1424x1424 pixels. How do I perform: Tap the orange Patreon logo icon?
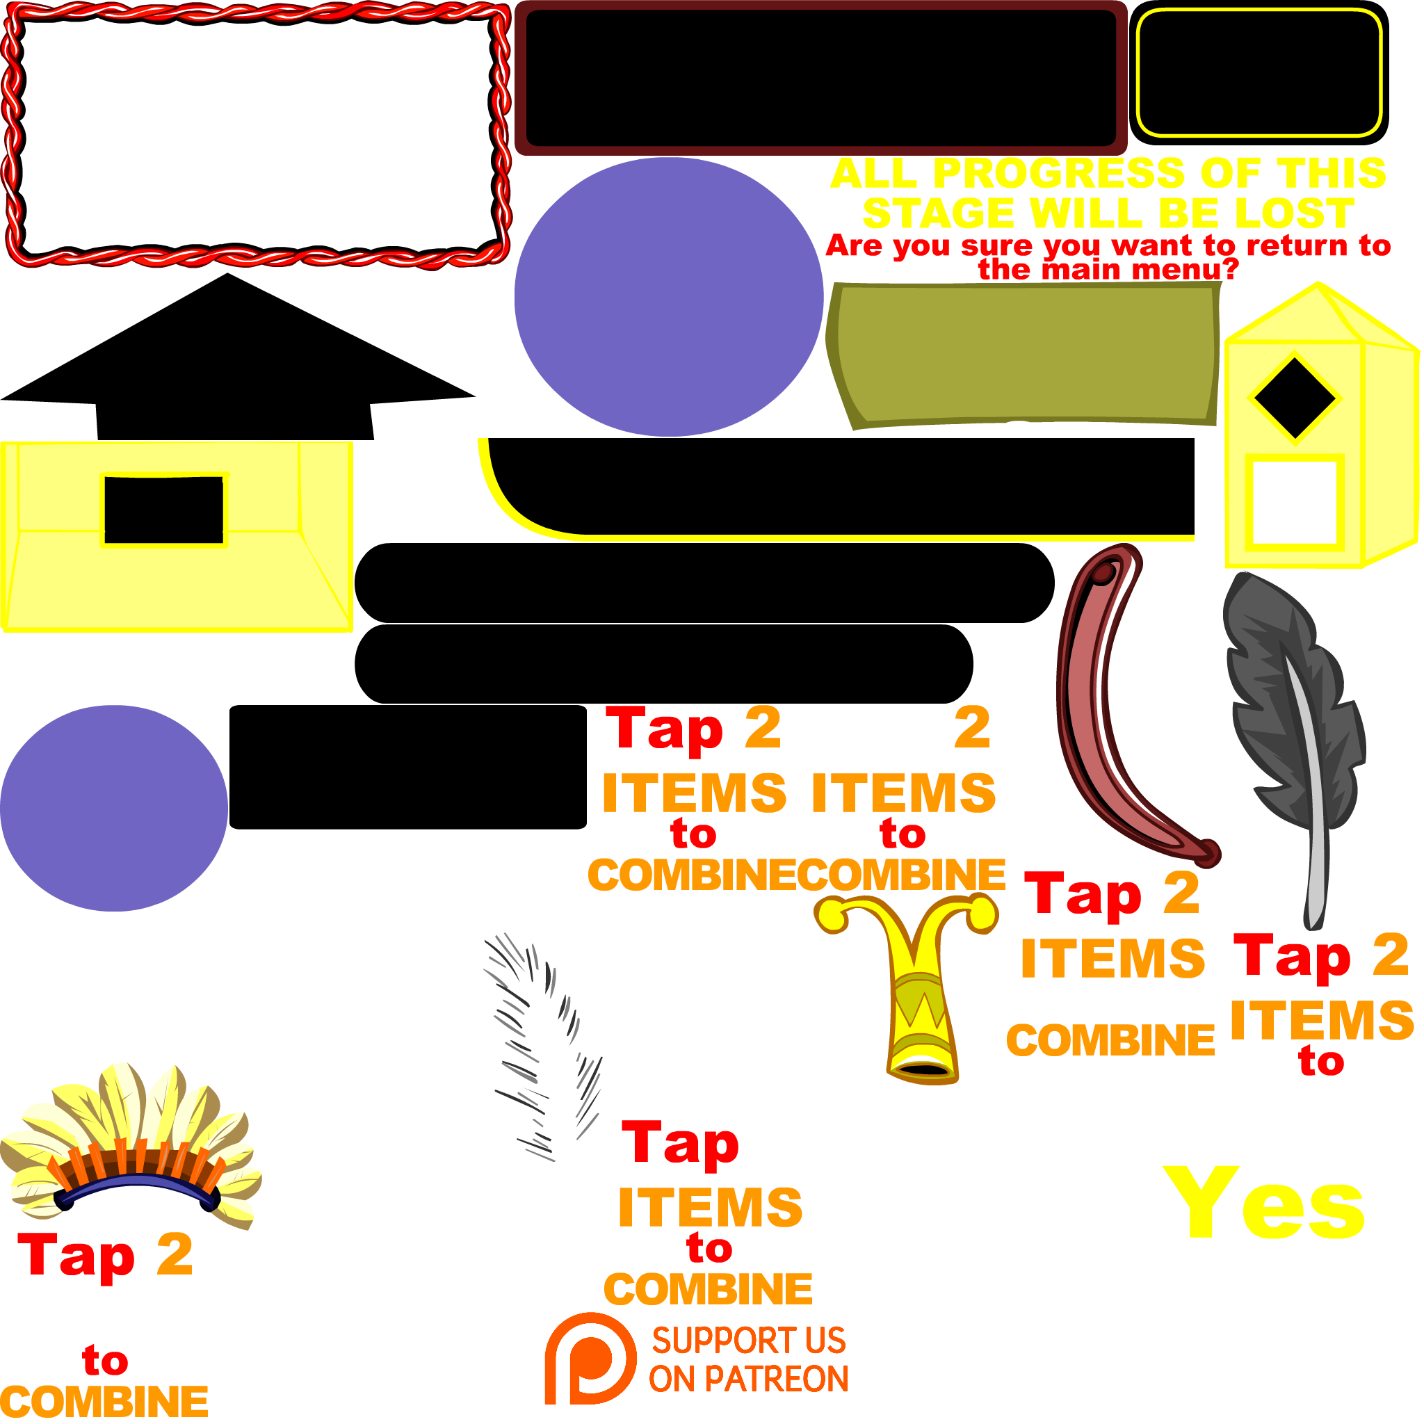[x=590, y=1358]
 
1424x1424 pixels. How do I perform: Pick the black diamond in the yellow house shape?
[x=1294, y=398]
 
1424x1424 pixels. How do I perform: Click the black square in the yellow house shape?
[x=1294, y=502]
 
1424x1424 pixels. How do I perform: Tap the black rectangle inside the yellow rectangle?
[x=163, y=510]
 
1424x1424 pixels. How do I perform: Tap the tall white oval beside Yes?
[x=1076, y=1176]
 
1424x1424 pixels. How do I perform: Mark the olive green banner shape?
[x=1024, y=354]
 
